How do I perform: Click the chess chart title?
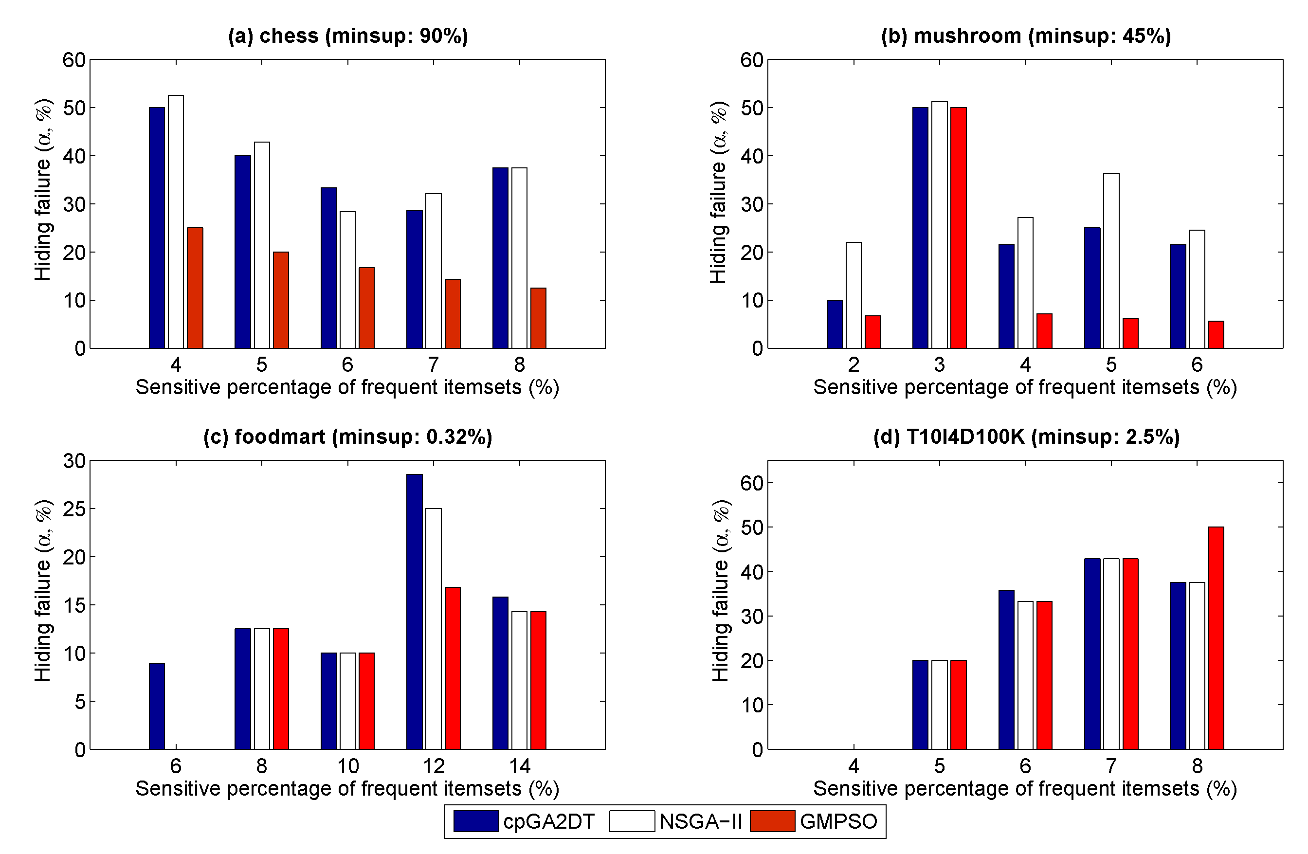[348, 36]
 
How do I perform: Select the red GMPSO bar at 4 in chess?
[195, 288]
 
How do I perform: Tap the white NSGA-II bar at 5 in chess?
[262, 245]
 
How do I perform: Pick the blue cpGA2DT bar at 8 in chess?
[500, 258]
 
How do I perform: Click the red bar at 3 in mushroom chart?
[959, 228]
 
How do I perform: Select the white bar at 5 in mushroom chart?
[1111, 261]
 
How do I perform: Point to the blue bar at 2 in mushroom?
[834, 324]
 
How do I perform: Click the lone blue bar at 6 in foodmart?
[157, 706]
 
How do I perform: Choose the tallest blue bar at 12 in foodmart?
[415, 612]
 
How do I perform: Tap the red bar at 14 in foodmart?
[538, 680]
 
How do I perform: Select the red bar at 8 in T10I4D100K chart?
[1216, 638]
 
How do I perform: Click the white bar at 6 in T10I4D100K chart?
[1025, 675]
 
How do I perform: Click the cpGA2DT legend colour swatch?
[476, 821]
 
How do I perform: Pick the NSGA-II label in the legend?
[700, 821]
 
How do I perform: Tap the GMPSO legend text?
[838, 821]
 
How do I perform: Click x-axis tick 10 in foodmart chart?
[347, 766]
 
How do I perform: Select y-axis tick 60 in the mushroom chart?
[751, 60]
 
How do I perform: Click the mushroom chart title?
[1025, 36]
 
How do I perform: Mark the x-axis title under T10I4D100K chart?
[1025, 789]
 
